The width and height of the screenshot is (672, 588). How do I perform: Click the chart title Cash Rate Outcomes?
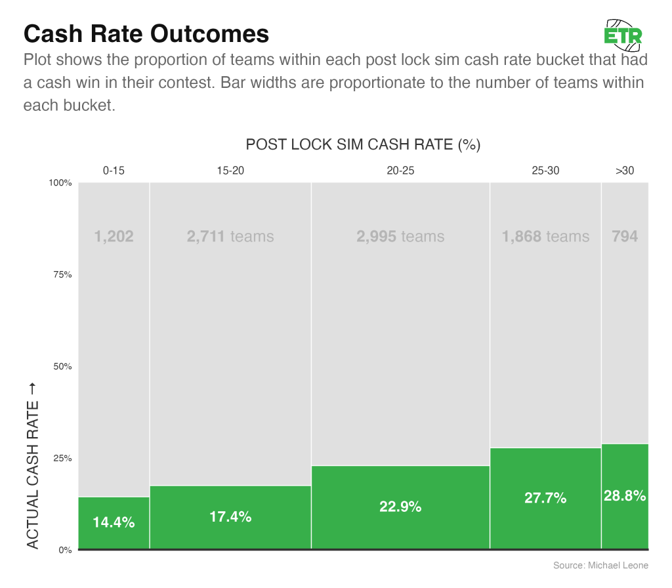(x=146, y=33)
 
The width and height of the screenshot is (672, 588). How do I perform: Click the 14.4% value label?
(x=114, y=523)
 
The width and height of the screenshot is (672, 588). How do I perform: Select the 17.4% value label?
(x=230, y=516)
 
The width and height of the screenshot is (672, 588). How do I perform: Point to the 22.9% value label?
(x=400, y=507)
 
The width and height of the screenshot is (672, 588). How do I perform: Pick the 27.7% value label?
(x=545, y=498)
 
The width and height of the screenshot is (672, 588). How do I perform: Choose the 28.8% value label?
(x=625, y=496)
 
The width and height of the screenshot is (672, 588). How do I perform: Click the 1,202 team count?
(x=114, y=236)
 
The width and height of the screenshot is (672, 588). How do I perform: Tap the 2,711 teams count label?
(x=230, y=236)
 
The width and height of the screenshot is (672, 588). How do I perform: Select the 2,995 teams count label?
(x=400, y=236)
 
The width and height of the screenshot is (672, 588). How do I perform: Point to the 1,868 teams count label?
(x=545, y=236)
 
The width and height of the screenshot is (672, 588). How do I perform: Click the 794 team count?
(x=625, y=236)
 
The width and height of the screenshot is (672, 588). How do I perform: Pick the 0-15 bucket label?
(x=114, y=171)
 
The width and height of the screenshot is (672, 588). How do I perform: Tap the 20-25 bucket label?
(x=400, y=171)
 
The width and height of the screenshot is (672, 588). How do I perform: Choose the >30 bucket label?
(x=625, y=171)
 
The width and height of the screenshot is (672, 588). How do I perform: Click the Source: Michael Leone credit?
(x=600, y=565)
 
